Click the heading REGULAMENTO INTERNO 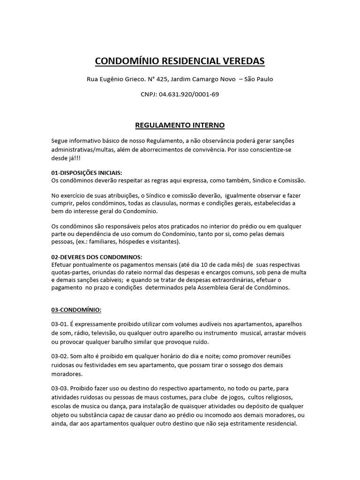pyautogui.click(x=180, y=125)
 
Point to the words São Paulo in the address pyautogui.click(x=259, y=79)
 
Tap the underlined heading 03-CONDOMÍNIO pyautogui.click(x=76, y=310)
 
